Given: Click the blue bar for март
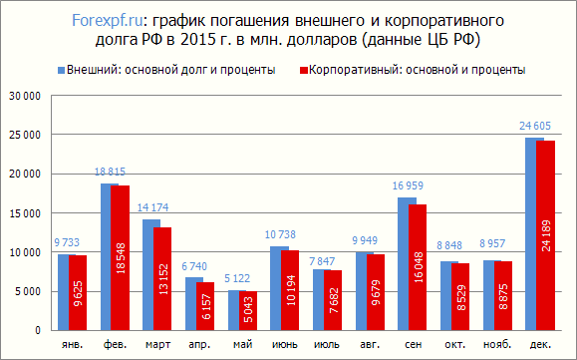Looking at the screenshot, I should click(148, 274).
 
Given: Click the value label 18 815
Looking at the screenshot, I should click(111, 172).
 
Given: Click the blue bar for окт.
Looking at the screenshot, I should click(446, 295).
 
